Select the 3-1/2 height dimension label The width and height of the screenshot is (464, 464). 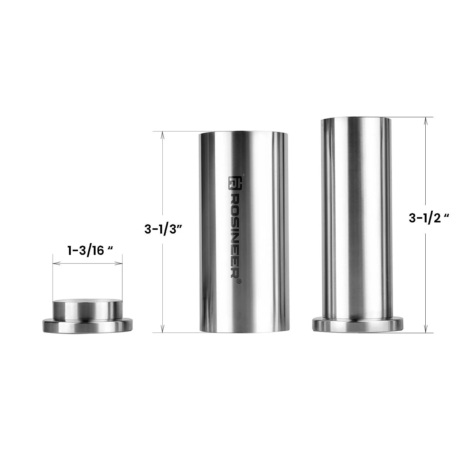(x=428, y=218)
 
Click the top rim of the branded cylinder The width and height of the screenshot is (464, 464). (x=244, y=133)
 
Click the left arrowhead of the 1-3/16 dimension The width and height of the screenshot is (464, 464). (x=55, y=264)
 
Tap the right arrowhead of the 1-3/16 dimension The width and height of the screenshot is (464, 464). (x=121, y=264)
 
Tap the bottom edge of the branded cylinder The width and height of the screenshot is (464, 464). (x=244, y=332)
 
